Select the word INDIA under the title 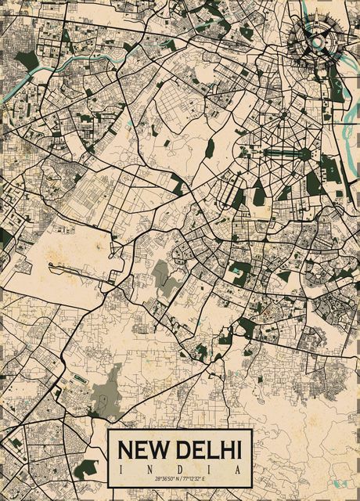[179, 467]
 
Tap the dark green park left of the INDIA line [87, 468]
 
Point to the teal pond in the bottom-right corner [341, 483]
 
